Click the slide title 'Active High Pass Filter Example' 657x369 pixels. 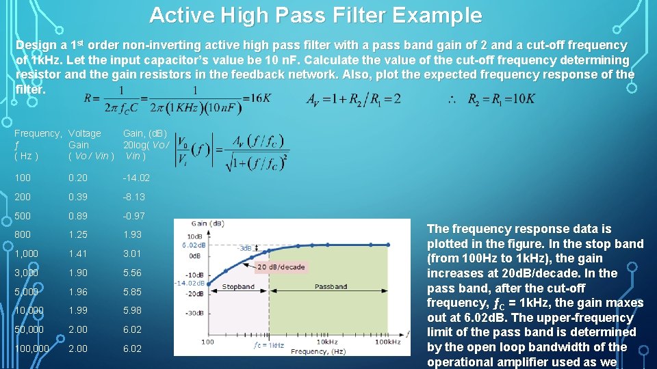point(315,15)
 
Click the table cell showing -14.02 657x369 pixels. point(136,178)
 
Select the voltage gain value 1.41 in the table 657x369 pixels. point(78,254)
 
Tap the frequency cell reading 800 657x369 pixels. point(23,234)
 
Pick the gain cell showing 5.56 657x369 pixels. point(132,273)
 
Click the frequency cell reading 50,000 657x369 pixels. point(29,329)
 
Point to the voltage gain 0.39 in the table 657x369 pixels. point(78,197)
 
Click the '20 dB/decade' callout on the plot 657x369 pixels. point(281,266)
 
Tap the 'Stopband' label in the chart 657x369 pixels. point(238,288)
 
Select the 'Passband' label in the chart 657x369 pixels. point(331,288)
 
